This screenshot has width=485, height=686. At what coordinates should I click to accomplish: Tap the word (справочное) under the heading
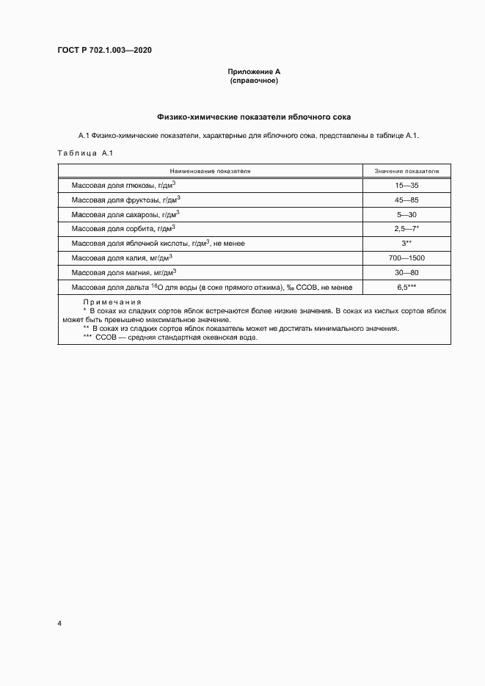pos(253,81)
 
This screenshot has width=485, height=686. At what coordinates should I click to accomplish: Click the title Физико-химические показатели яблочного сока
pos(254,117)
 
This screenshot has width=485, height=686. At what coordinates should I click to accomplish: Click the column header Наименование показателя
pos(210,170)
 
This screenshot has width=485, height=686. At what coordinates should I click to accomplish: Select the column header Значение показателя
pos(406,170)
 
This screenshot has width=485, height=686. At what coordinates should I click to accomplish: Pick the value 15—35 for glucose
pos(406,186)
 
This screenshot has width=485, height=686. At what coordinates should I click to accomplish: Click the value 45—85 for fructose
pos(406,200)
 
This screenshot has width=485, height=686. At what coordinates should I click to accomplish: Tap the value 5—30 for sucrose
pos(406,214)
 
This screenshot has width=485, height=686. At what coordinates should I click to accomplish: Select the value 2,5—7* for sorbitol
pos(406,229)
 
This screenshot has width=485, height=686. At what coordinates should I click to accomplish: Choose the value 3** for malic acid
pos(406,243)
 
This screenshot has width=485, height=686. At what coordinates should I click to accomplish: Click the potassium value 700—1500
pos(406,258)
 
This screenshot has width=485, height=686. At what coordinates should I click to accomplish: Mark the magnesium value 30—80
pos(406,272)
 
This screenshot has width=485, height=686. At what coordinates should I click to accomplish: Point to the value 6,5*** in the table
pos(406,287)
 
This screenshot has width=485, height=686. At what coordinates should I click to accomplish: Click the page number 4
pos(59,624)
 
